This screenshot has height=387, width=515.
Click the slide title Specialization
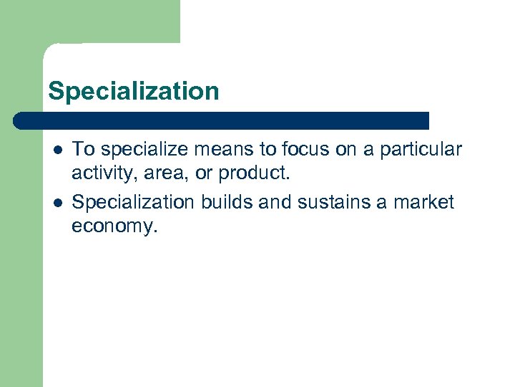(133, 91)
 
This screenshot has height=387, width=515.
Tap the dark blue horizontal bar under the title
(222, 120)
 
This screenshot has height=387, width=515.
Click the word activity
(100, 174)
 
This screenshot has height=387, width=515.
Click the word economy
(114, 227)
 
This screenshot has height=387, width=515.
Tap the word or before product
(205, 174)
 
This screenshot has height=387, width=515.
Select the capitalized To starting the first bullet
(84, 150)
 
